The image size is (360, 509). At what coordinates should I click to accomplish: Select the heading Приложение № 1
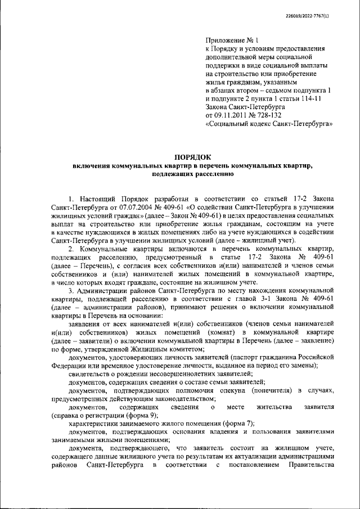click(231, 41)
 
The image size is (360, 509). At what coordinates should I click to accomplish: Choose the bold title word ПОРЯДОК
click(192, 158)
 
